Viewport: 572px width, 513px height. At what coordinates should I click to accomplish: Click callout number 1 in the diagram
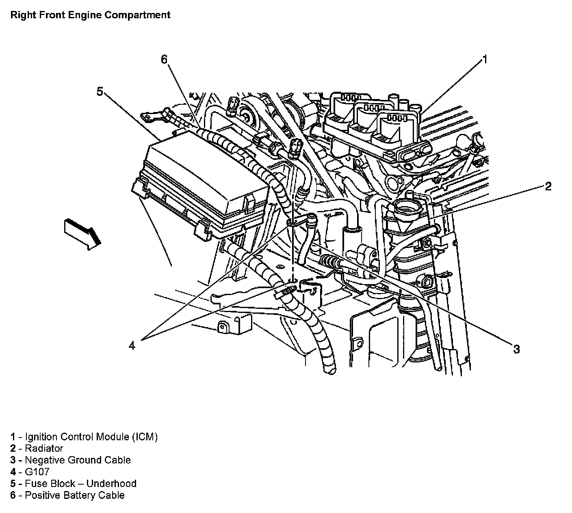tap(484, 60)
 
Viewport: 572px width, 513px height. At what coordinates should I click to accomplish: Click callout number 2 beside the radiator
tap(548, 186)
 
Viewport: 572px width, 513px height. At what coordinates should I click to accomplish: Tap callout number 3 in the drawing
tap(516, 349)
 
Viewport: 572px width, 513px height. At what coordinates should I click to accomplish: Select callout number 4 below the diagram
tap(132, 345)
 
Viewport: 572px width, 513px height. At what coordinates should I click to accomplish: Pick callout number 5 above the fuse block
tap(100, 92)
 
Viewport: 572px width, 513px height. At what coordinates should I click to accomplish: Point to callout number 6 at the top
tap(164, 60)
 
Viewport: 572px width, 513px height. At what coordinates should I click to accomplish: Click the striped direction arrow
tap(82, 233)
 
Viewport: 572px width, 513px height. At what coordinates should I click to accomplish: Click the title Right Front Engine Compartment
tap(90, 15)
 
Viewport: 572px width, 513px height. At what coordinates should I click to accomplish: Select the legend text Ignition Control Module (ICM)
tap(91, 437)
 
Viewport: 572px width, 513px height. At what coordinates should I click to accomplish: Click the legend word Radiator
tap(44, 448)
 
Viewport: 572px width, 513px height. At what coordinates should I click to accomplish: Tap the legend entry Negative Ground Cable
tap(78, 460)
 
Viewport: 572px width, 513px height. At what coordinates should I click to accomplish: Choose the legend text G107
tap(37, 472)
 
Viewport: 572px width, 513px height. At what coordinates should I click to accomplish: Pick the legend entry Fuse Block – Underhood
tap(80, 484)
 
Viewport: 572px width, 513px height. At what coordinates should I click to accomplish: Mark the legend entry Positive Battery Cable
tap(74, 496)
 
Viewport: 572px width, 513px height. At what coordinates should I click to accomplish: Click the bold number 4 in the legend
tap(13, 472)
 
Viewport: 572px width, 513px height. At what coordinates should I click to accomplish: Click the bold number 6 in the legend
tap(13, 496)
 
